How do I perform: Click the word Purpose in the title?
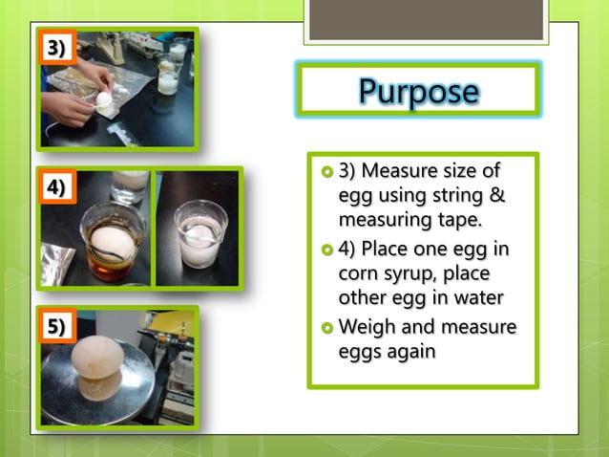click(418, 91)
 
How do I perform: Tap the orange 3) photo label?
click(56, 48)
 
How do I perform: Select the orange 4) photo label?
click(56, 187)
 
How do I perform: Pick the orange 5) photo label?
click(56, 326)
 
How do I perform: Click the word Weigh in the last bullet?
click(365, 327)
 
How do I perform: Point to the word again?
click(410, 352)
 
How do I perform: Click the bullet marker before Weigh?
click(326, 328)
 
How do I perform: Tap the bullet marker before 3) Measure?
click(326, 172)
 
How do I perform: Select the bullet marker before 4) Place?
click(326, 250)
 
